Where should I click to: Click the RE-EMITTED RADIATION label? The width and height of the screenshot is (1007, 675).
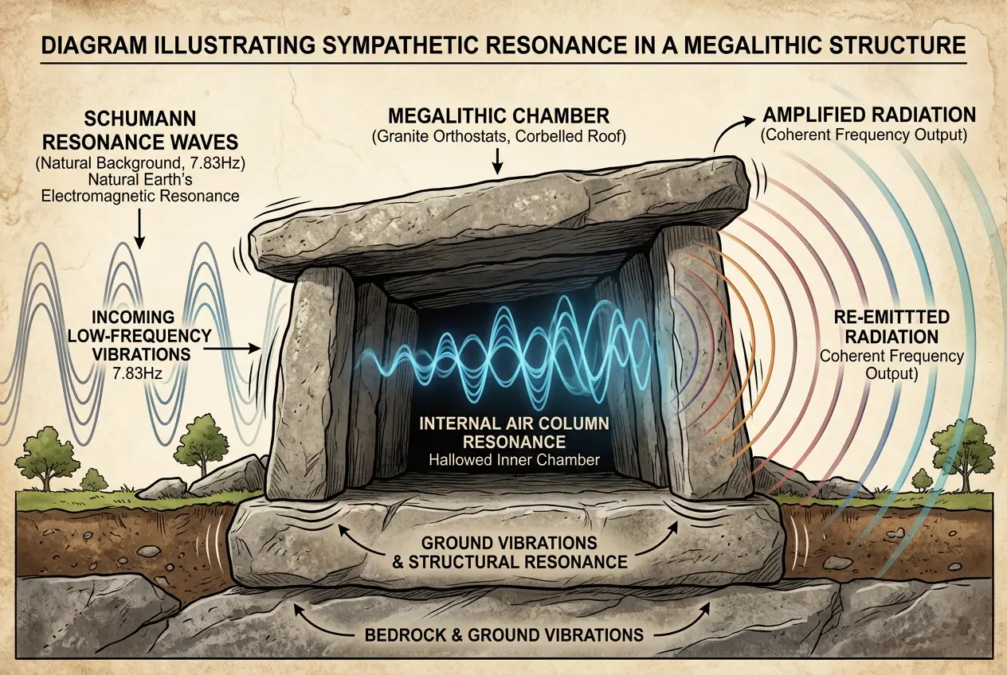point(891,326)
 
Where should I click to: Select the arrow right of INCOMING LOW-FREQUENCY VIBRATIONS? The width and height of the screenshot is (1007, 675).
point(236,348)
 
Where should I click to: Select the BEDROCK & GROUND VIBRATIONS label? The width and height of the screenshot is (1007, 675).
point(503,635)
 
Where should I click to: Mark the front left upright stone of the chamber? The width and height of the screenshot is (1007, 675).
point(311,382)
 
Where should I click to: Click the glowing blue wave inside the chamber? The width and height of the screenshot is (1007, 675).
point(510,350)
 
